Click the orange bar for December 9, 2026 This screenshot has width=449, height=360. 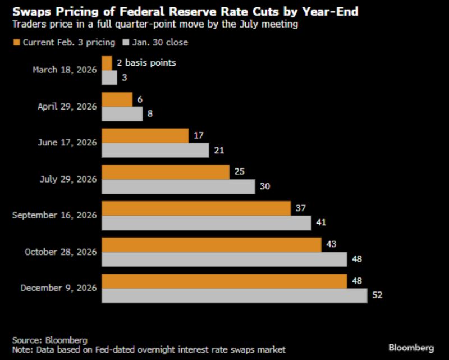click(224, 281)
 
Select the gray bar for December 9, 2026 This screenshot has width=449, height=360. click(234, 295)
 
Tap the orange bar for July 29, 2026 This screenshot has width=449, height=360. click(166, 172)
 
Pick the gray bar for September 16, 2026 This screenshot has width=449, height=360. click(206, 223)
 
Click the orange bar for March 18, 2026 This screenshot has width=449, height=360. click(107, 62)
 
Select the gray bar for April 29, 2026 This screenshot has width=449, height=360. click(122, 113)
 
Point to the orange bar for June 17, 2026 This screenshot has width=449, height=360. click(145, 135)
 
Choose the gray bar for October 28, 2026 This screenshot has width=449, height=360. click(224, 259)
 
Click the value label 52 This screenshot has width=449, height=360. click(377, 295)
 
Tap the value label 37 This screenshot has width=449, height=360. click(300, 208)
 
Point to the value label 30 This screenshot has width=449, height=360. click(265, 186)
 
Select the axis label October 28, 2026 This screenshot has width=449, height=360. click(61, 252)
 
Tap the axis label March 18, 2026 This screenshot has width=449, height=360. click(65, 70)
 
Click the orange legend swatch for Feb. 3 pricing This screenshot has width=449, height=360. click(16, 42)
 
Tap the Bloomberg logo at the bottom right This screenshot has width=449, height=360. click(412, 348)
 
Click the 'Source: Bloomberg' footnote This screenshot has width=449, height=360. click(50, 340)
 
